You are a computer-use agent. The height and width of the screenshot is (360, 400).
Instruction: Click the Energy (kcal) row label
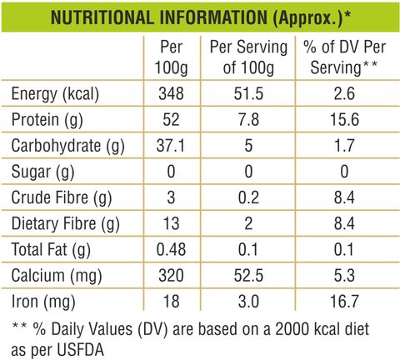click(x=55, y=94)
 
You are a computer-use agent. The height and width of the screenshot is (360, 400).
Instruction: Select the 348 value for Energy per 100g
click(x=171, y=93)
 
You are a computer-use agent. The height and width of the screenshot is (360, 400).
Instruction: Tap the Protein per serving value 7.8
click(x=248, y=119)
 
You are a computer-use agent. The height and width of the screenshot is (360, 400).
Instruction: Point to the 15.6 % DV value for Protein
click(x=344, y=119)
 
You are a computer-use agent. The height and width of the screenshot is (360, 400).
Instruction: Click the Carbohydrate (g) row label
click(x=67, y=146)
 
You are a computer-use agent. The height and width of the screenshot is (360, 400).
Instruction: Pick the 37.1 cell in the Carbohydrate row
click(x=171, y=146)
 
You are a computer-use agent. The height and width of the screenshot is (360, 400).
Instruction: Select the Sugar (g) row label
click(x=42, y=172)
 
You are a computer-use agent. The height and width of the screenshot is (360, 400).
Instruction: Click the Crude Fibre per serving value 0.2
click(x=248, y=197)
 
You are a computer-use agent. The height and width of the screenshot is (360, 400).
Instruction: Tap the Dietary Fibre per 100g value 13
click(x=171, y=223)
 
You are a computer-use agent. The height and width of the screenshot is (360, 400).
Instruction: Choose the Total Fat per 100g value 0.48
click(x=171, y=249)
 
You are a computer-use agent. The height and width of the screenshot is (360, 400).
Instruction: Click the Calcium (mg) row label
click(x=57, y=276)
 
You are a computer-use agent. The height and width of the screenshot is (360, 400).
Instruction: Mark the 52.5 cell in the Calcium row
click(x=248, y=276)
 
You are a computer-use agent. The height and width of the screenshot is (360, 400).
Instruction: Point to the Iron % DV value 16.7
click(x=344, y=302)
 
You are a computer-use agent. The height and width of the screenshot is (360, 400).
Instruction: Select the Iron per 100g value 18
click(x=171, y=302)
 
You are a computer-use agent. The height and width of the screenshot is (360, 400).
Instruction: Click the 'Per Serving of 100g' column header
click(x=248, y=57)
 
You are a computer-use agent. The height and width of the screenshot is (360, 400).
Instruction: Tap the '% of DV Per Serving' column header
click(x=344, y=57)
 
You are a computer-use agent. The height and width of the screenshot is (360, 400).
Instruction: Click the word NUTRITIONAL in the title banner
click(x=102, y=17)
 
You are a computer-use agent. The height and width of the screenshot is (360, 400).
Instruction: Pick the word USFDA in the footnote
click(x=81, y=350)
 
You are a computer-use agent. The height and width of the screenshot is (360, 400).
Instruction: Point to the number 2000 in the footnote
click(x=292, y=329)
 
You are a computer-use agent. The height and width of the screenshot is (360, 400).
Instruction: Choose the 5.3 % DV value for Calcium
click(x=344, y=276)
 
